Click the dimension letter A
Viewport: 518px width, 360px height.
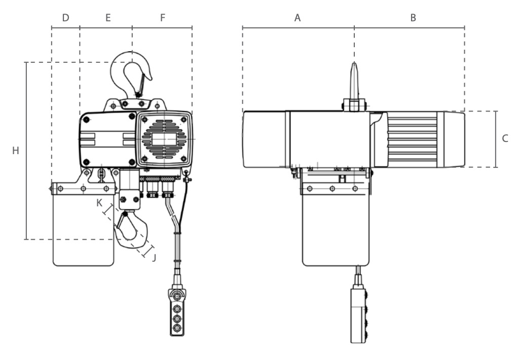coord(298,18)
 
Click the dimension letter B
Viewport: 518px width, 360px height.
coord(413,18)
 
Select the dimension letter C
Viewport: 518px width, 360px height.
coord(505,138)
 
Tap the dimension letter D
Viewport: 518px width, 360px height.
coord(65,18)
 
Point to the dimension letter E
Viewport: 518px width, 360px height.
coord(108,18)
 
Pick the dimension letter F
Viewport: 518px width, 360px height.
coord(163,18)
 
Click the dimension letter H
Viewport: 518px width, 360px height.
coord(16,151)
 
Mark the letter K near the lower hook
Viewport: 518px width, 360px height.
coord(99,203)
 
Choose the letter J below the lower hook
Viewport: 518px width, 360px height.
coord(154,258)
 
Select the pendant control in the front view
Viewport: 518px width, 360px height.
coord(177,312)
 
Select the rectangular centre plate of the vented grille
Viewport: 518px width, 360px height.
coord(164,139)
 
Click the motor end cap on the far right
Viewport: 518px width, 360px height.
coord(451,139)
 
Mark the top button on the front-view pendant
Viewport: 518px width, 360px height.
coord(177,296)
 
